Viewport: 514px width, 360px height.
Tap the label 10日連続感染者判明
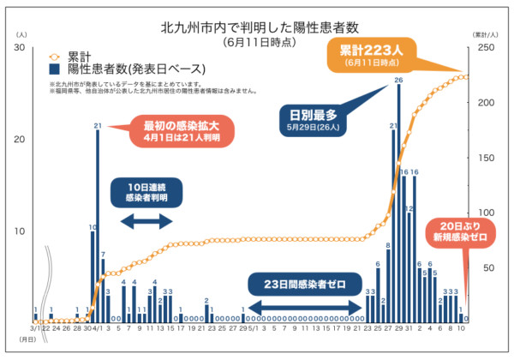(145, 192)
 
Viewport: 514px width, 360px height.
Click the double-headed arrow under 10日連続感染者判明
(144, 222)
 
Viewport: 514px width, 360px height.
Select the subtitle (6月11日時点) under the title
(257, 42)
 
